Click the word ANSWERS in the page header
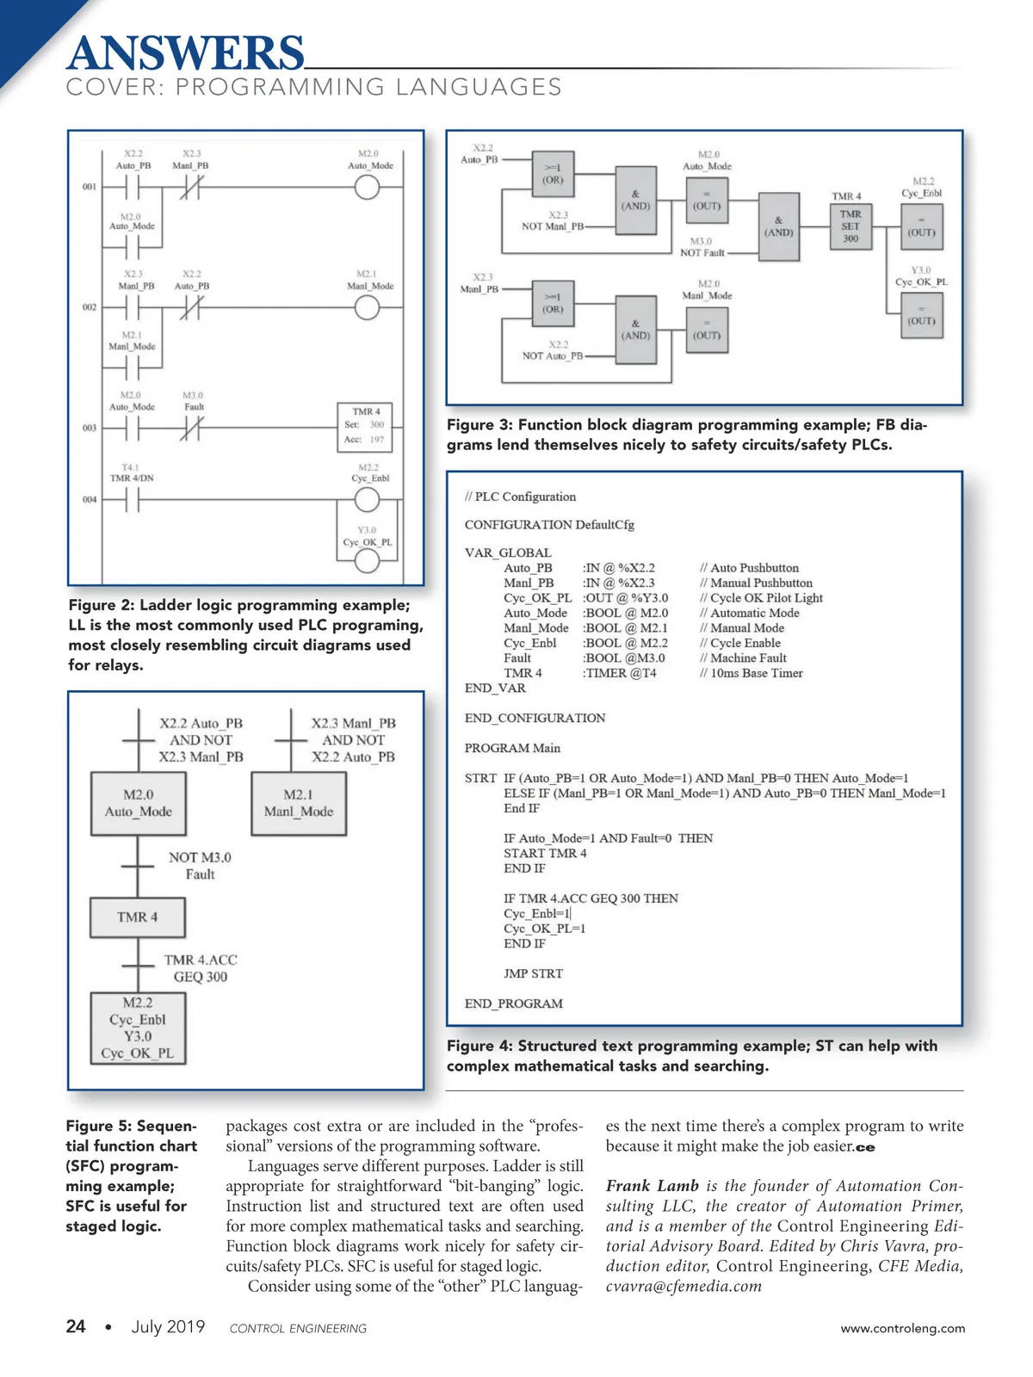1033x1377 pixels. click(x=185, y=53)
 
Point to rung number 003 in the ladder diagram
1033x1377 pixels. click(x=90, y=428)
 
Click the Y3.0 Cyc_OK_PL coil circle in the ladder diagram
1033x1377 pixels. click(x=367, y=561)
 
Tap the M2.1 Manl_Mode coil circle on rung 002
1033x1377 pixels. click(x=367, y=307)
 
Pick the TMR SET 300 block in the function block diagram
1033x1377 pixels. click(x=850, y=226)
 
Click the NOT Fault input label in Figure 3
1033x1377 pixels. click(x=702, y=253)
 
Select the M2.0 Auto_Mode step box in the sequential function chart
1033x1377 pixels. click(x=138, y=803)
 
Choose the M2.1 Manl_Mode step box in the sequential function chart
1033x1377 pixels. click(x=298, y=803)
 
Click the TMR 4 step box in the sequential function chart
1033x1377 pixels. click(x=138, y=917)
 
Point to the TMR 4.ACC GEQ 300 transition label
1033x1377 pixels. click(x=201, y=968)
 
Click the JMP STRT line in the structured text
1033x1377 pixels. click(x=533, y=973)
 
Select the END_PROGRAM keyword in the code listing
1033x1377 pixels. click(x=513, y=1003)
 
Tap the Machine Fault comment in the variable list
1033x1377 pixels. click(x=747, y=658)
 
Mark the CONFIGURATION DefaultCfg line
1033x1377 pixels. click(x=549, y=525)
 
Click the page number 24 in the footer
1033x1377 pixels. click(x=76, y=1326)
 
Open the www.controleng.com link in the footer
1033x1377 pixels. click(x=902, y=1328)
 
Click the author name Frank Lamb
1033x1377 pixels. click(x=652, y=1186)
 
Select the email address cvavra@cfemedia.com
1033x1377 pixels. click(x=684, y=1286)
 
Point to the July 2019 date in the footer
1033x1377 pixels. click(x=168, y=1326)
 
